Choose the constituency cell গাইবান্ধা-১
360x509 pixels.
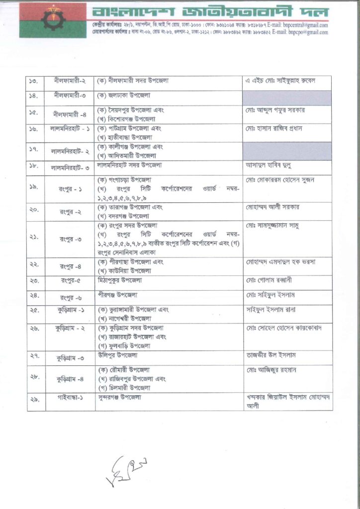70,399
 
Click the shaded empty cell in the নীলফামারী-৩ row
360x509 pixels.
287,97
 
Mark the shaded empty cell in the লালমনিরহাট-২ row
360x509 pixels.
287,151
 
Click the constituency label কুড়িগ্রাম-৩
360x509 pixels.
70,357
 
